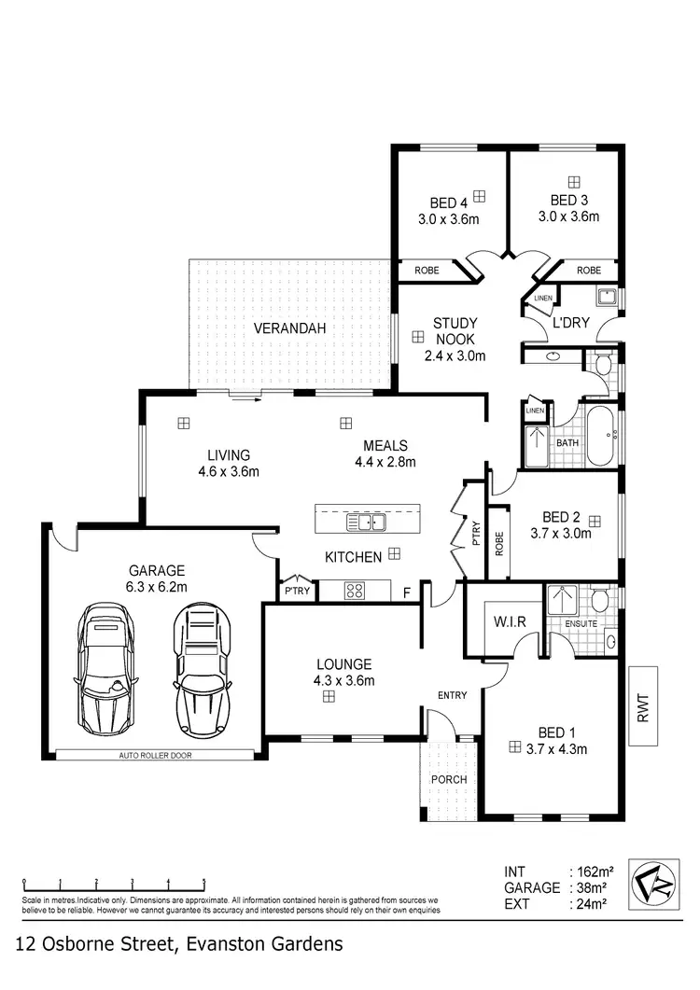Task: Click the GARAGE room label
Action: pos(157,570)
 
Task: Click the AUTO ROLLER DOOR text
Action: pos(154,755)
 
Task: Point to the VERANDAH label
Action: pos(290,328)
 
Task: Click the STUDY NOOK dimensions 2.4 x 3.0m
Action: pos(455,356)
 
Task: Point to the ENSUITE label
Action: pos(566,622)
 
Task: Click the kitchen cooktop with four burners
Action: pos(356,590)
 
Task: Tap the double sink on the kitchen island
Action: pos(367,521)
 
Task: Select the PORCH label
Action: pos(448,779)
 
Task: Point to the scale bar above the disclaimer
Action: pos(113,882)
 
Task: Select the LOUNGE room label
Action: pos(344,664)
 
